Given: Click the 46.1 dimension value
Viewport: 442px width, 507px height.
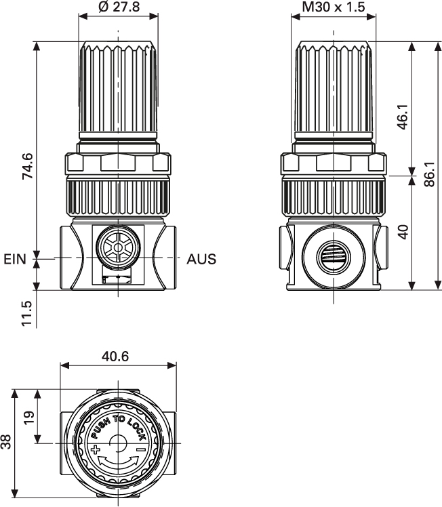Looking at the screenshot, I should (x=402, y=117).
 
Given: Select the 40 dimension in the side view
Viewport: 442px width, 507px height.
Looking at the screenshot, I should (x=402, y=232).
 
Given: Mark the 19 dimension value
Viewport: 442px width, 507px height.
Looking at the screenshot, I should (x=27, y=417).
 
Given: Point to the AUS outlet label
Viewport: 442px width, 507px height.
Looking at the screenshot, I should (x=201, y=259).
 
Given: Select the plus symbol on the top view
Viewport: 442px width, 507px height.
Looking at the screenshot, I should (x=95, y=450).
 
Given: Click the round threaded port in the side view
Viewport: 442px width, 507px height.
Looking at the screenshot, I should (x=332, y=258).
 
